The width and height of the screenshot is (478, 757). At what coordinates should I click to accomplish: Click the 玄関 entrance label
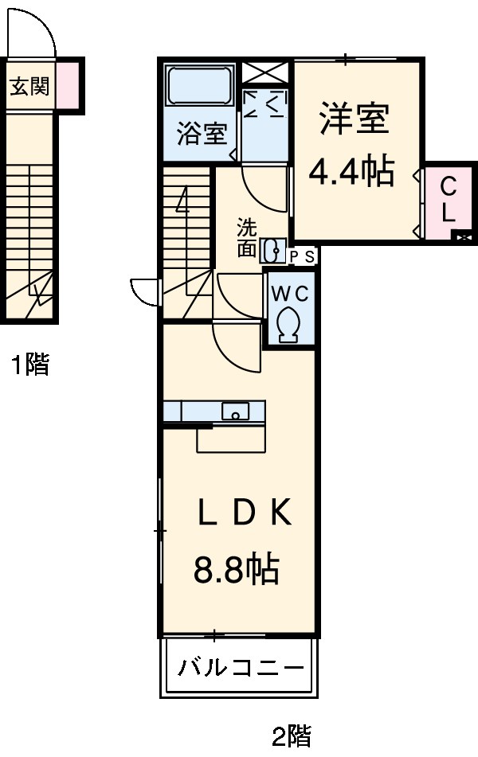pyautogui.click(x=29, y=86)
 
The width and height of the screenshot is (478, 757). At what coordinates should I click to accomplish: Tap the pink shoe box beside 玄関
pyautogui.click(x=68, y=85)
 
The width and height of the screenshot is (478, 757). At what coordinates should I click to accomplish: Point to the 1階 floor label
pyautogui.click(x=30, y=365)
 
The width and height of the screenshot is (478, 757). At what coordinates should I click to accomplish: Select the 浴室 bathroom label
pyautogui.click(x=202, y=134)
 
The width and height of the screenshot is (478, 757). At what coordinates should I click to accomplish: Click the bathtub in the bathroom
pyautogui.click(x=199, y=87)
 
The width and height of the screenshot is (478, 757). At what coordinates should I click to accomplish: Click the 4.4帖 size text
pyautogui.click(x=352, y=171)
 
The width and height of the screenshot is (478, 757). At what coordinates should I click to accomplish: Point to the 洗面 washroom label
pyautogui.click(x=247, y=237)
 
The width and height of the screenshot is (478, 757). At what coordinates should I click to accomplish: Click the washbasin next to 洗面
pyautogui.click(x=273, y=250)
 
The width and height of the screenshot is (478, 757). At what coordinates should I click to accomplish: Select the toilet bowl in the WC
pyautogui.click(x=288, y=323)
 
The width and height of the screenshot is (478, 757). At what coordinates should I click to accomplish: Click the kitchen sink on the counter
pyautogui.click(x=235, y=412)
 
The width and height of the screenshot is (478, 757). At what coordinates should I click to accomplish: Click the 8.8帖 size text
pyautogui.click(x=236, y=569)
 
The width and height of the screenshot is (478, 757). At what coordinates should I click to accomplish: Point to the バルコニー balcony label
pyautogui.click(x=240, y=667)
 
